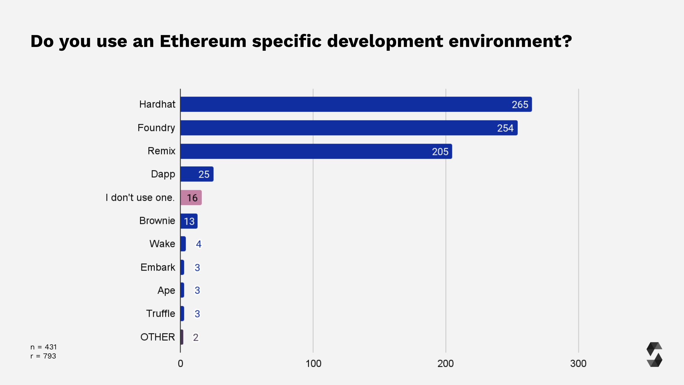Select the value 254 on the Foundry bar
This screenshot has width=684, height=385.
coord(505,128)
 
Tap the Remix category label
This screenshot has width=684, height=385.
coord(161,151)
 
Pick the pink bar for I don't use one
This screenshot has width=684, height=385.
coord(191,198)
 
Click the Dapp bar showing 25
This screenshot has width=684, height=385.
coord(197,174)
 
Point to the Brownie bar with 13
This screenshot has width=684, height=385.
coord(189,221)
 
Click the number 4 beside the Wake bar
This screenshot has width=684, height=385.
coord(199,244)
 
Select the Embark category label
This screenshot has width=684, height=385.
coord(157,267)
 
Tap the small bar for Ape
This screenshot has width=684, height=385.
coord(182,290)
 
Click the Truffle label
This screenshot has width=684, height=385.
coord(160,314)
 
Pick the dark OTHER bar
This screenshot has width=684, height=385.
coord(182,337)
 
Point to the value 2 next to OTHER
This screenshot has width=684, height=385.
coord(196,337)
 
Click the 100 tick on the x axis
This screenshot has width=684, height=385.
coord(313,363)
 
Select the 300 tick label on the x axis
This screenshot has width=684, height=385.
coord(578,363)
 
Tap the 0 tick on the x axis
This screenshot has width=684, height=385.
coord(180,363)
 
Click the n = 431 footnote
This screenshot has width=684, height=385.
coord(43,347)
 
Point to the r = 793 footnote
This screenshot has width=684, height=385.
coord(43,356)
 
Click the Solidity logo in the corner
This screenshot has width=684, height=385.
coord(654,354)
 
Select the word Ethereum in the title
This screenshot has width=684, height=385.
coord(203,41)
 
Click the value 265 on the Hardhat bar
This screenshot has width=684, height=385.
coord(520,105)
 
